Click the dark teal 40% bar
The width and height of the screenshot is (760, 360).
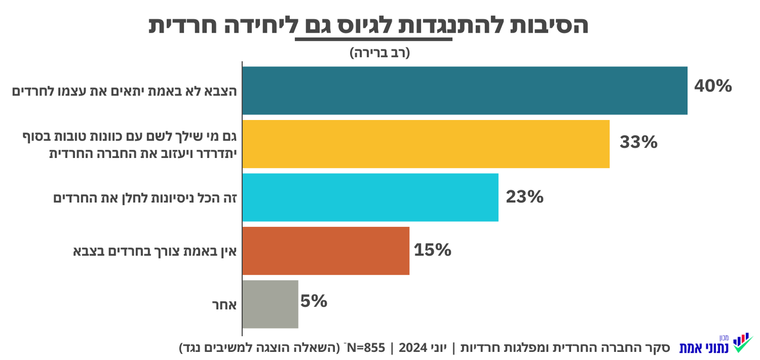click(x=465, y=91)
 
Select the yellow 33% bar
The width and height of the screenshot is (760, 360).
click(x=426, y=144)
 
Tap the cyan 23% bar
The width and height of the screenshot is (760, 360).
click(x=370, y=197)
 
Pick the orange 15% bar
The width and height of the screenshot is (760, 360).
click(x=326, y=250)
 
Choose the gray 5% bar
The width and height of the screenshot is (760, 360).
click(x=270, y=304)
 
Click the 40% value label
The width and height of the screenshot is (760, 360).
click(x=713, y=86)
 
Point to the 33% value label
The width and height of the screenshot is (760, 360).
click(x=638, y=142)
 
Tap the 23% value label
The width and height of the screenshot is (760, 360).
click(x=524, y=197)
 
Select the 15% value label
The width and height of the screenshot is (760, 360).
click(x=432, y=250)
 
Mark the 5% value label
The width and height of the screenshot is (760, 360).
click(x=314, y=301)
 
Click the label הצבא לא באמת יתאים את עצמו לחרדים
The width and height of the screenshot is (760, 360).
click(x=125, y=91)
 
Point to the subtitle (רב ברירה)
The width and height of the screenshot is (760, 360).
click(x=379, y=53)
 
